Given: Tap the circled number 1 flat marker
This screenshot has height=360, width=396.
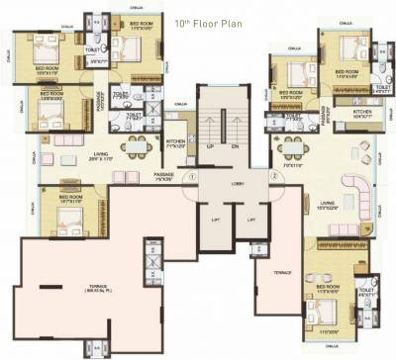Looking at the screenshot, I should [x=194, y=177].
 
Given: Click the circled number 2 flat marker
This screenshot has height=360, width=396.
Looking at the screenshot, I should [x=272, y=177].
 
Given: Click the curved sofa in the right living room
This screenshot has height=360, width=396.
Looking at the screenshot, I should [x=353, y=197].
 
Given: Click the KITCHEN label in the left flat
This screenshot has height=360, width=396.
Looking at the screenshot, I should [x=175, y=143].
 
